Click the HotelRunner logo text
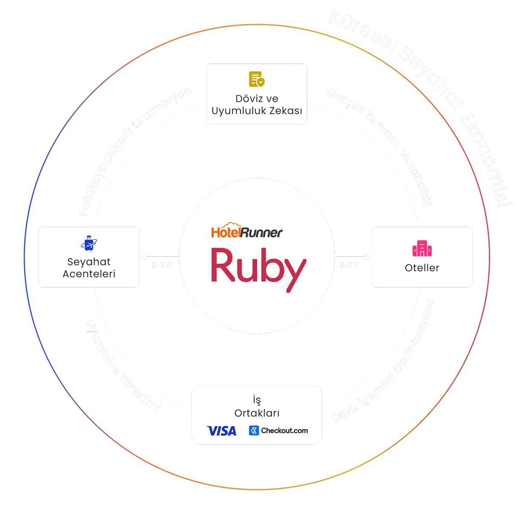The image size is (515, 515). point(247,232)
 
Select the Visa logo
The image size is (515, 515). point(221,430)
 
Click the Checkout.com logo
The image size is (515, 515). point(279,430)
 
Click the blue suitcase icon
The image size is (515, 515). point(89,243)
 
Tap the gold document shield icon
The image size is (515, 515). point(257,79)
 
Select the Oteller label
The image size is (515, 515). point(422,268)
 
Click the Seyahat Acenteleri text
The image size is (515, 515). point(89,267)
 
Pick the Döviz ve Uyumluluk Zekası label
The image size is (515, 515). point(257,105)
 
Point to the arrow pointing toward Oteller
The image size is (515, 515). point(353,257)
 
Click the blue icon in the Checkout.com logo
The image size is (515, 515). point(254,430)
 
